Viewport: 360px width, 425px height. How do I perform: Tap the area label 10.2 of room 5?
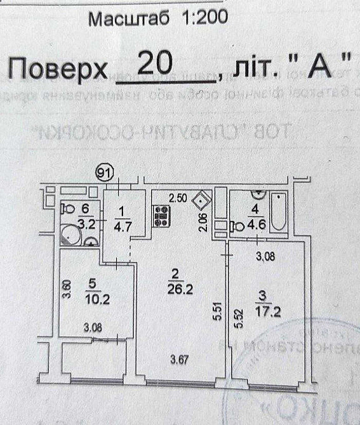96,299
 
